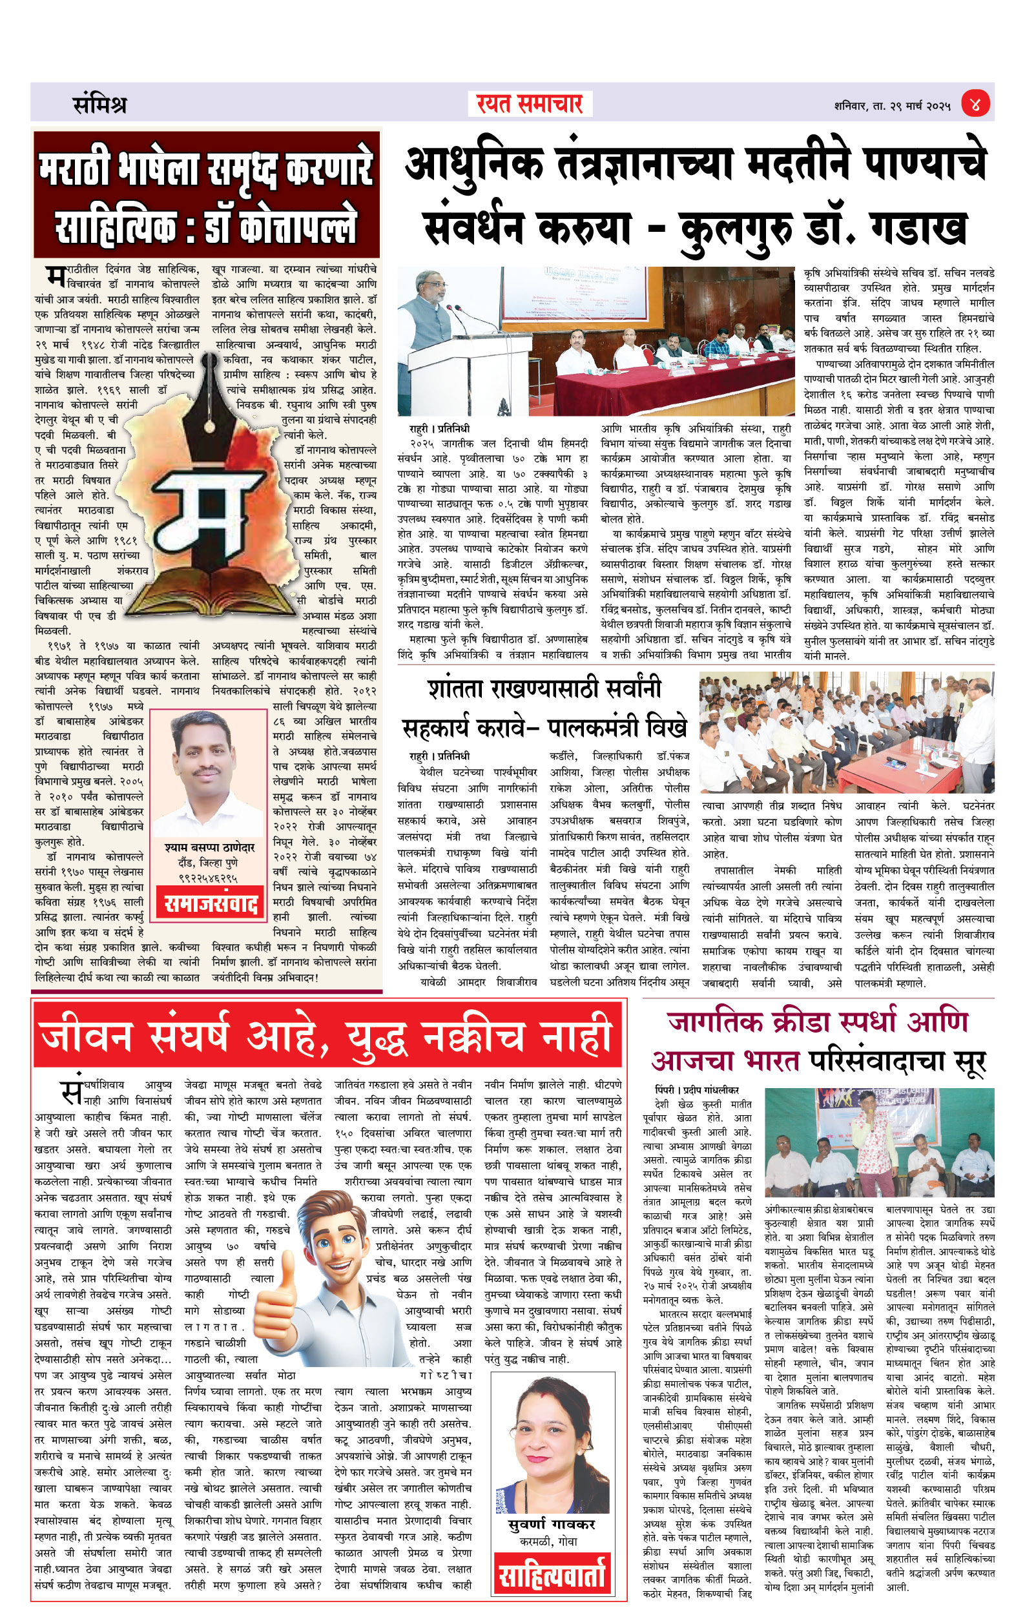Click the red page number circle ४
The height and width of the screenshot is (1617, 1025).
975,105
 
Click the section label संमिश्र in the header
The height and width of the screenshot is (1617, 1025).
99,105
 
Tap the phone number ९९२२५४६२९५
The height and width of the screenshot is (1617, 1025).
208,878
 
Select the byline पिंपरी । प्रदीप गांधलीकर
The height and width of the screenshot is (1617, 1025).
696,1089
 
